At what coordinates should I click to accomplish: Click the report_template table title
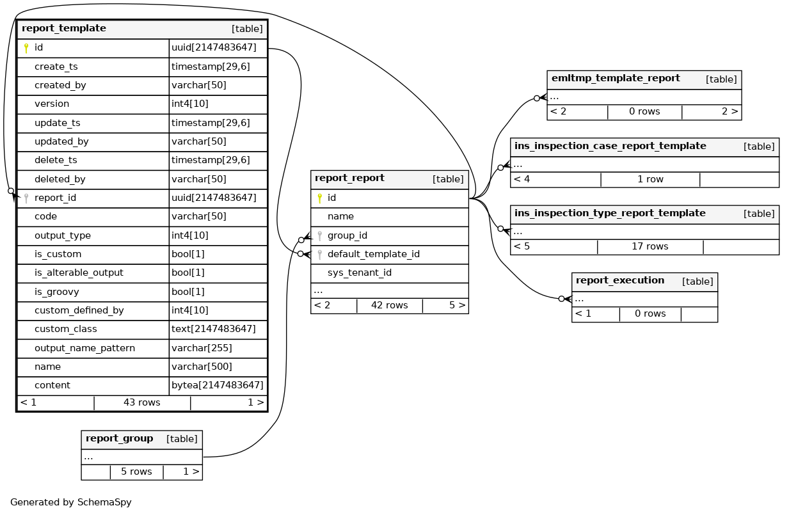[x=64, y=29]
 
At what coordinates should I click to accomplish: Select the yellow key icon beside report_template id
[x=26, y=48]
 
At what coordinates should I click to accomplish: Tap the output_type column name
[x=63, y=235]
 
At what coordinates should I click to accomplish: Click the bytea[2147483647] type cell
[x=217, y=385]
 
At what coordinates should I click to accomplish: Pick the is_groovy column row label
[x=57, y=292]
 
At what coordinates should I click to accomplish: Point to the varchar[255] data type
[x=202, y=348]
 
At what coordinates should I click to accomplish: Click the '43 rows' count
[x=141, y=402]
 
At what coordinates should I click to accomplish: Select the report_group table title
[x=119, y=439]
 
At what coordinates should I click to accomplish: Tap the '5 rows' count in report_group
[x=136, y=471]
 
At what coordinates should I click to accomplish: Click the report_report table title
[x=349, y=178]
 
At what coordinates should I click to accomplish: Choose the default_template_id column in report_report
[x=373, y=254]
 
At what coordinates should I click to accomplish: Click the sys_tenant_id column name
[x=359, y=273]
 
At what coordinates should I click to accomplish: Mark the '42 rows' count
[x=389, y=305]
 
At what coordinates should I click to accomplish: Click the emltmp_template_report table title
[x=615, y=79]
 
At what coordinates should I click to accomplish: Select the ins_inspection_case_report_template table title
[x=610, y=147]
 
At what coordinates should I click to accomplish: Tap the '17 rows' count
[x=650, y=246]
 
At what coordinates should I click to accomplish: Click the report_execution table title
[x=619, y=281]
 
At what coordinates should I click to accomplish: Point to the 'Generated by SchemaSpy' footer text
[x=71, y=502]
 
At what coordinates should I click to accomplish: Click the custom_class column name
[x=66, y=329]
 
